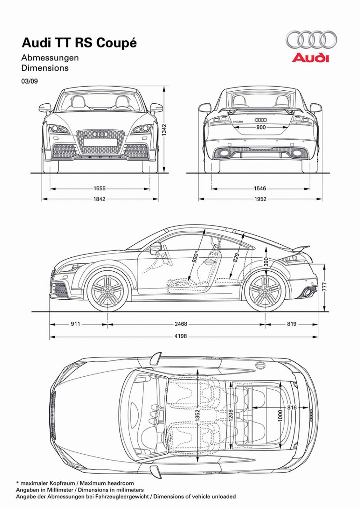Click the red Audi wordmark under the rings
pos(310,58)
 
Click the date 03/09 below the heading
pos(30,81)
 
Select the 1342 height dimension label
pos(164,130)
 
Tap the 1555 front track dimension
pos(99,189)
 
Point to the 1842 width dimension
pos(99,199)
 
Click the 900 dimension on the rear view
pos(261,127)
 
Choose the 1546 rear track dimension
pos(260,189)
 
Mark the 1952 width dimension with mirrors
pos(260,199)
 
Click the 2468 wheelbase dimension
pos(181,324)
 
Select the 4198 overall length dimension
pos(181,336)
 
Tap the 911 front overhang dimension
pos(75,324)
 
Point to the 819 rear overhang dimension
pos(291,324)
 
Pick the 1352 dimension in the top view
pos(197,416)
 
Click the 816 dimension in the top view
pos(292,408)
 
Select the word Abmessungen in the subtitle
pos(50,58)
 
